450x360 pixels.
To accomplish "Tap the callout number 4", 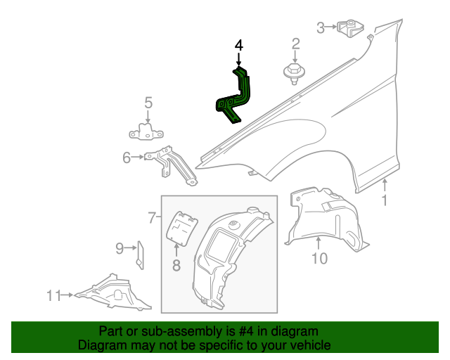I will coord(239,46).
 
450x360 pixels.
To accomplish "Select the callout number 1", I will coord(385,202).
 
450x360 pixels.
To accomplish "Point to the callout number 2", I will coord(295,44).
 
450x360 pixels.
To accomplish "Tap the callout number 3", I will coord(321,28).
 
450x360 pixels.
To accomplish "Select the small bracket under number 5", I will coord(147,131).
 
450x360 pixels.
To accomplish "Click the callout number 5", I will coord(148,103).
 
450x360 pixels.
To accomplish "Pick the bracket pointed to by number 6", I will coord(169,162).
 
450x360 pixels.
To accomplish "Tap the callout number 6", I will coord(127,158).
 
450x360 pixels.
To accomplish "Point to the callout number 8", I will coord(176,265).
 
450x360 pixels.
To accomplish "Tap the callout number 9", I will coord(120,247).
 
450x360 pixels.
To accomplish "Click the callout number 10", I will coord(319,259).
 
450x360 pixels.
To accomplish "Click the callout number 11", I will coord(54,296).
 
